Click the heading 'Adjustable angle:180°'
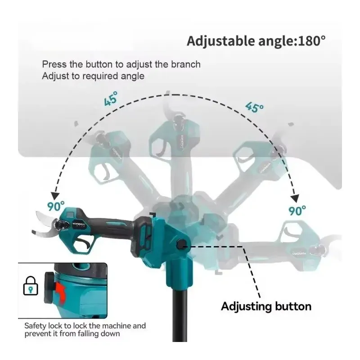tap(256, 41)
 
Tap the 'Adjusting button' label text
tap(266, 306)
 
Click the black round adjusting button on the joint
tap(181, 244)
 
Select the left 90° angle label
tap(56, 206)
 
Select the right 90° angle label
tap(297, 211)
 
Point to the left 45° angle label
tap(111, 99)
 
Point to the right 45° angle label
tap(254, 107)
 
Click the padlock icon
tap(31, 286)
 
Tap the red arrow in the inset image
tap(60, 292)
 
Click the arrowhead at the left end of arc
tap(55, 196)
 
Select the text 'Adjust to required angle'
tap(93, 76)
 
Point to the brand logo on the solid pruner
tap(78, 224)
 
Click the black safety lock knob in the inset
tap(49, 288)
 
